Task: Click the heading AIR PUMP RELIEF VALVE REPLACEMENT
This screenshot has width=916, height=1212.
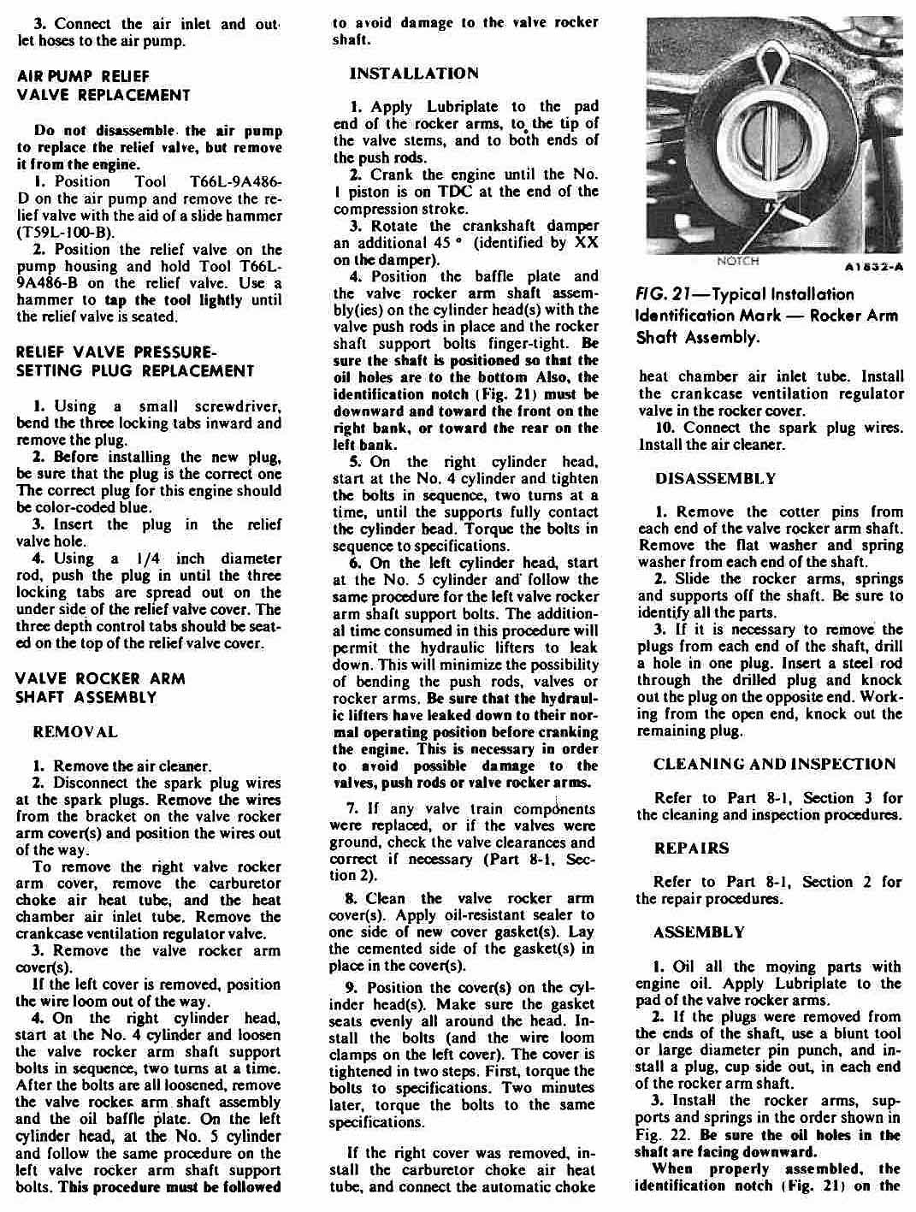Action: click(103, 85)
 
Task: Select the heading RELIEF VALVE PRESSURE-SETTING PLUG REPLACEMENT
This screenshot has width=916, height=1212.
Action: click(134, 362)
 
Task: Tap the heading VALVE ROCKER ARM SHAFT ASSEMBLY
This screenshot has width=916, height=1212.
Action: click(100, 688)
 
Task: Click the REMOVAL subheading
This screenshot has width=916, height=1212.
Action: click(74, 732)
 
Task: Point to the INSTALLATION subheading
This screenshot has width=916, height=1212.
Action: click(414, 74)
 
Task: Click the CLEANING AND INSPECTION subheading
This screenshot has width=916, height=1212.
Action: click(774, 764)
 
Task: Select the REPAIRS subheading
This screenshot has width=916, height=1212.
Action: click(691, 848)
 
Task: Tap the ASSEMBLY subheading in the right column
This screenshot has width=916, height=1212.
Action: click(699, 931)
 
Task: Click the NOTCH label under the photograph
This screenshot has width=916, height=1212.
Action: click(736, 261)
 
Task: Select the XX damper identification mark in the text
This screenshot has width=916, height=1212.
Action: click(586, 243)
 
